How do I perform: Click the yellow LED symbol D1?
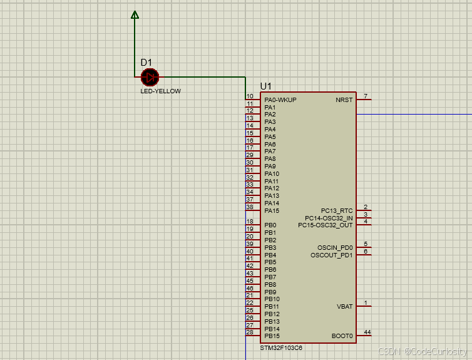(x=150, y=77)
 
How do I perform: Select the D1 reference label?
(x=146, y=62)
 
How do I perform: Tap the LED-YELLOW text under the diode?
(x=160, y=91)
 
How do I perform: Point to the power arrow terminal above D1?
(x=135, y=14)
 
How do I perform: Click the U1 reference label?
(x=266, y=86)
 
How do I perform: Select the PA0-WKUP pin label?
(x=280, y=100)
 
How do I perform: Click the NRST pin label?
(x=344, y=100)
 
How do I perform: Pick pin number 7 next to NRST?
(x=366, y=96)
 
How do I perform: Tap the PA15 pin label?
(x=272, y=210)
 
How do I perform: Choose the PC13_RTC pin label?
(x=337, y=210)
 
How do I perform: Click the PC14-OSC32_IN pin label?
(x=329, y=218)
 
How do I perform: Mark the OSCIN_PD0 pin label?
(x=335, y=247)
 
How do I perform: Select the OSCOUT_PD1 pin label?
(x=332, y=255)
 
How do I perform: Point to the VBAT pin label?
(x=345, y=307)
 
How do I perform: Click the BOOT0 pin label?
(x=342, y=336)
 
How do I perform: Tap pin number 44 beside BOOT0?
(x=367, y=332)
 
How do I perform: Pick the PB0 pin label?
(x=270, y=225)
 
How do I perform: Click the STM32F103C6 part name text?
(x=281, y=347)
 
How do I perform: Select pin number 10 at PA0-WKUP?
(x=250, y=96)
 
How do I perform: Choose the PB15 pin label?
(x=272, y=336)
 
